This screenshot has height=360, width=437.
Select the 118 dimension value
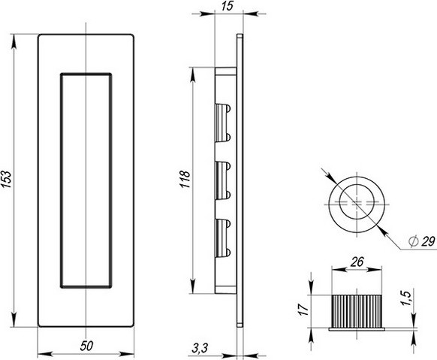tap(185, 179)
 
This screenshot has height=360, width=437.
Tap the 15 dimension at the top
tap(228, 7)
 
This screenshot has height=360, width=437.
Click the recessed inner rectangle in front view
tap(86, 180)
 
